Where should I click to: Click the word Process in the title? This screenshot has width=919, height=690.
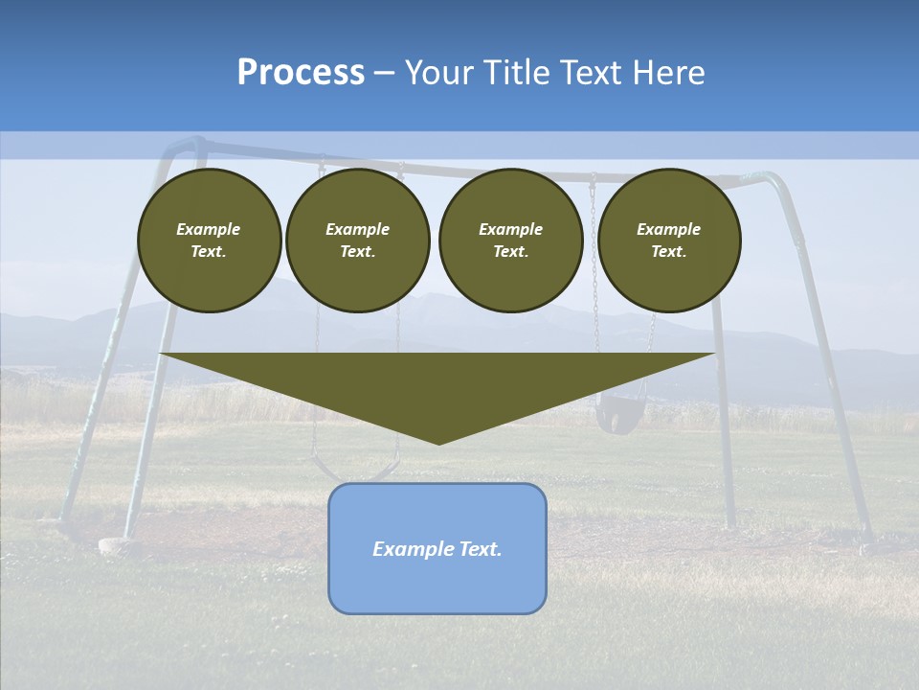301,73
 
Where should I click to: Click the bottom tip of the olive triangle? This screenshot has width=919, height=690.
438,442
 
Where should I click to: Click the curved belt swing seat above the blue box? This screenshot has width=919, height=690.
354,472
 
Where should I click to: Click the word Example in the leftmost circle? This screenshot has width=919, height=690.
209,229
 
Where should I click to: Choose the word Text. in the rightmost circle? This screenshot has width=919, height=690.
668,251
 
